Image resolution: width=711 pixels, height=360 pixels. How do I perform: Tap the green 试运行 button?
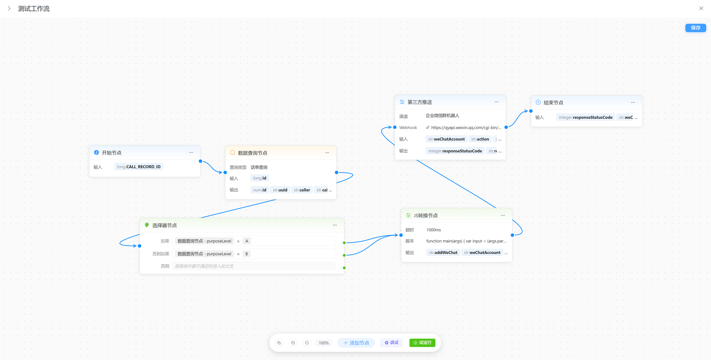click(x=422, y=343)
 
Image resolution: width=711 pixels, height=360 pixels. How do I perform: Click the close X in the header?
click(x=701, y=9)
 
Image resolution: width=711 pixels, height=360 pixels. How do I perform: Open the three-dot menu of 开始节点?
click(x=191, y=152)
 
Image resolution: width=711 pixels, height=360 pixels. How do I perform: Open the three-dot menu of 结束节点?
click(x=633, y=102)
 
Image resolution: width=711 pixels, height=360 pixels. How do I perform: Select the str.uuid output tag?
click(x=280, y=190)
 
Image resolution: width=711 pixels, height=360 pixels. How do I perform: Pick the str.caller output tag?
click(x=302, y=190)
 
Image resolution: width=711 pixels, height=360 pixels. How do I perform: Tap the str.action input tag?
click(x=480, y=139)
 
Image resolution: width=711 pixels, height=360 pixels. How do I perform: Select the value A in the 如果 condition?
click(x=247, y=241)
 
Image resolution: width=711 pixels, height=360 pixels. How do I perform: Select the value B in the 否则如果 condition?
click(x=246, y=254)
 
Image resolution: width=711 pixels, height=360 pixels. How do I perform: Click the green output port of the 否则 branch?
click(x=344, y=268)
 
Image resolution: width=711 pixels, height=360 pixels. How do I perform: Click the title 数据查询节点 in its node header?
click(x=253, y=153)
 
